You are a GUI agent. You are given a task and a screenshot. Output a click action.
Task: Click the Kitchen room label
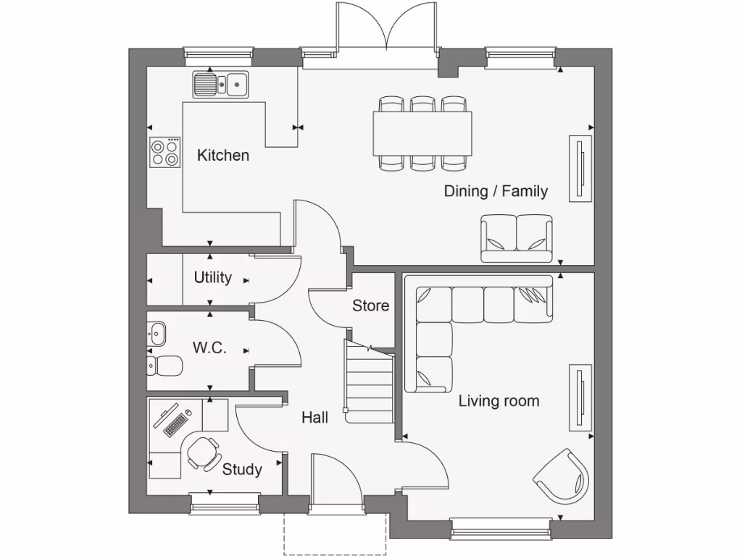(223, 155)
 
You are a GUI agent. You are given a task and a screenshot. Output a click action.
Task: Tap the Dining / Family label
(496, 191)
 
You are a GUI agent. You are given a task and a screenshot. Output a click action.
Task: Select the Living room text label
(499, 400)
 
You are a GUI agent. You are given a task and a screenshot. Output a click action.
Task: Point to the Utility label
(213, 277)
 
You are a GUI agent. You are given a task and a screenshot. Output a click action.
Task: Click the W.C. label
(209, 347)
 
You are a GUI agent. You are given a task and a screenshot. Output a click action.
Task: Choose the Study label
(242, 469)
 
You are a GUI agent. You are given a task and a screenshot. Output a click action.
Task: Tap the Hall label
(315, 417)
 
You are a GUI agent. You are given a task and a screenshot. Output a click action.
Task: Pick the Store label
(370, 306)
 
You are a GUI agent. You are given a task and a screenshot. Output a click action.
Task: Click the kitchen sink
(220, 85)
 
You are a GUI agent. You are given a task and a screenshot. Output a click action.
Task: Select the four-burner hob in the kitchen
(164, 152)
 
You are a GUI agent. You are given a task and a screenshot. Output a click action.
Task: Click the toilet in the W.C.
(162, 366)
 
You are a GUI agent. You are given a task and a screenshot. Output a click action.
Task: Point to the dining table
(422, 132)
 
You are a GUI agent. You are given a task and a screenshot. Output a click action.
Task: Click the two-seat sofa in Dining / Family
(516, 238)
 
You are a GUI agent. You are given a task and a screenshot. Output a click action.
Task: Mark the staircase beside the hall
(369, 384)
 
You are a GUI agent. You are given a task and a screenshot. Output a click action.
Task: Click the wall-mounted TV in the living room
(580, 398)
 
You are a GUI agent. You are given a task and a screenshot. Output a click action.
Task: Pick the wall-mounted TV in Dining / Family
(580, 168)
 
